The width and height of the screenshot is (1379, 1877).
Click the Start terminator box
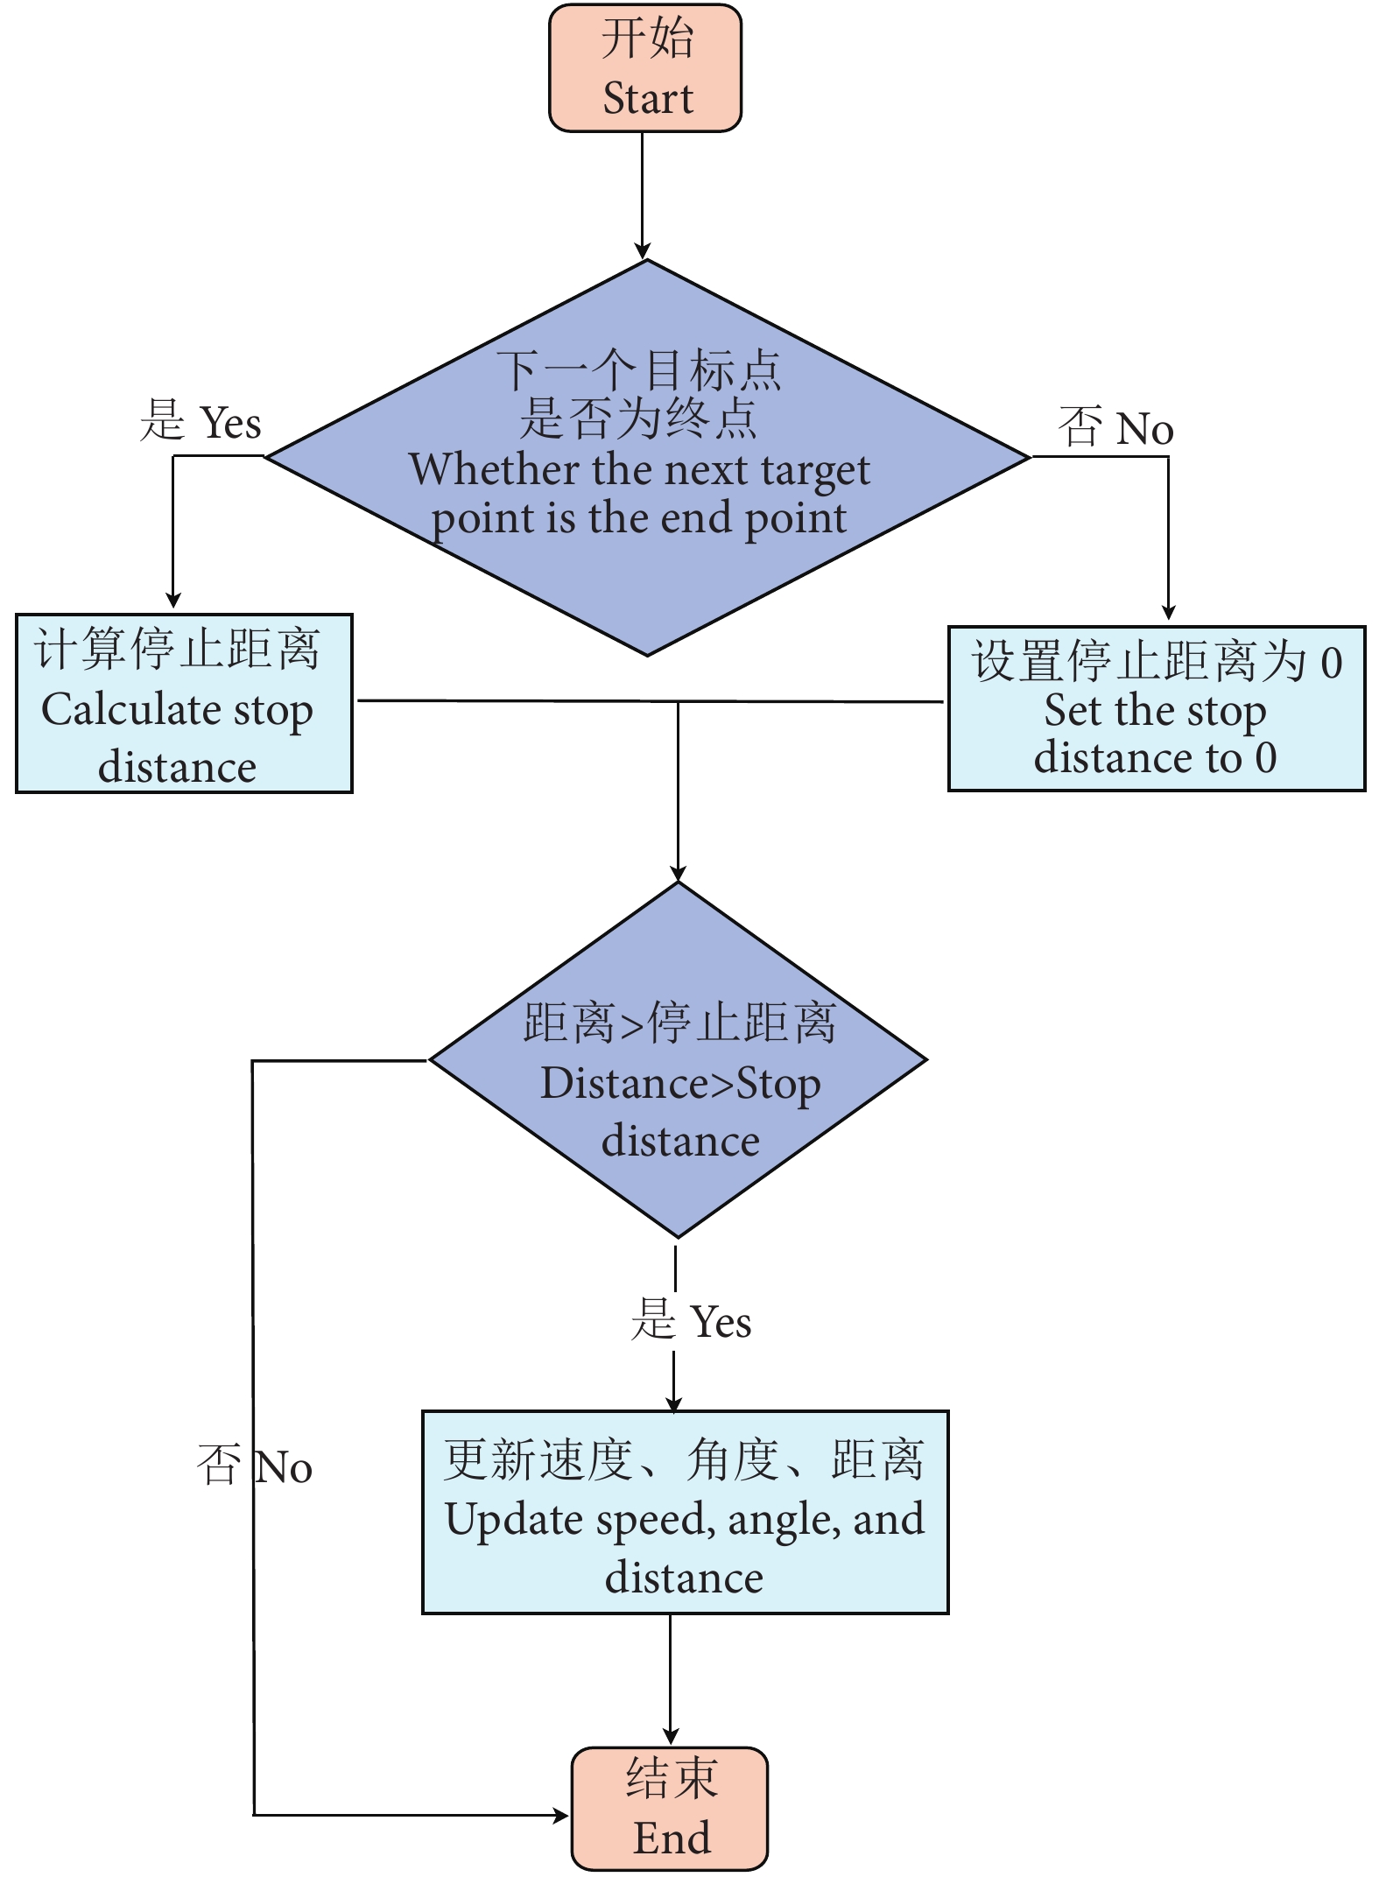coord(645,68)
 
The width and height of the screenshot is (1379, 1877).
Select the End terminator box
coord(670,1808)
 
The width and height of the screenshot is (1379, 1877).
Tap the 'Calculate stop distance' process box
coord(184,704)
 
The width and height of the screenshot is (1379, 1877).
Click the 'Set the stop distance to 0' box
coord(1156,709)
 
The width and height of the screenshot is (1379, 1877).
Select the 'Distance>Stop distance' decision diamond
coord(678,1060)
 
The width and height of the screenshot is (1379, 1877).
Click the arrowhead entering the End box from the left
coord(561,1816)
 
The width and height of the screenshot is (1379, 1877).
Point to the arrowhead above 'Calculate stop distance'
coord(173,601)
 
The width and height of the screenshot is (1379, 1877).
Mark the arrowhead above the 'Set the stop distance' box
coord(1168,612)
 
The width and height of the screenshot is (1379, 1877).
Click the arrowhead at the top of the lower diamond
coord(678,874)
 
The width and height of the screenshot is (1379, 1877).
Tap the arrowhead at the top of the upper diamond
coord(643,251)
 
